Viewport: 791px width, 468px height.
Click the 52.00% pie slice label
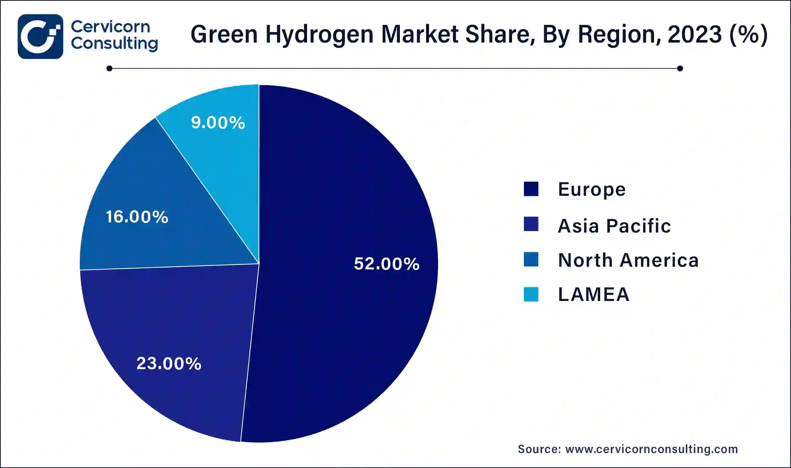[x=386, y=263]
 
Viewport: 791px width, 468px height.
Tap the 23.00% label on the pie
[x=169, y=363]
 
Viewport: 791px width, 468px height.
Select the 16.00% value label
[x=137, y=217]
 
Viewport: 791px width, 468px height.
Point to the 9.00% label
[x=218, y=122]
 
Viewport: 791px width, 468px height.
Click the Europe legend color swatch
[x=531, y=189]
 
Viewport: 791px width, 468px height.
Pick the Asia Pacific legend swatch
[x=531, y=224]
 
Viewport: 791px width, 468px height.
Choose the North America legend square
[x=531, y=259]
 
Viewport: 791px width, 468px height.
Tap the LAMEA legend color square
[x=531, y=294]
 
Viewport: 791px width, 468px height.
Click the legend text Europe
[x=591, y=189]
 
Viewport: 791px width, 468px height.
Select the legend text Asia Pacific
[x=614, y=226]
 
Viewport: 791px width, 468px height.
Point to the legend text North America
[x=628, y=260]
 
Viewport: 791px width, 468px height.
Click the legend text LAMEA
[x=594, y=294]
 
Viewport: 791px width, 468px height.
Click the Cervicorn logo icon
[x=40, y=36]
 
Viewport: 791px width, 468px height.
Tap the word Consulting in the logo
[x=114, y=44]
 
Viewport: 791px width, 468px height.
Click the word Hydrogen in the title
[x=319, y=35]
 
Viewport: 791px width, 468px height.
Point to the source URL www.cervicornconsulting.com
[x=651, y=449]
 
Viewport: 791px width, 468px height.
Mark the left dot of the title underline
[x=109, y=68]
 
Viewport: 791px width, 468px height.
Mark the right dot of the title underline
[x=680, y=68]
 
